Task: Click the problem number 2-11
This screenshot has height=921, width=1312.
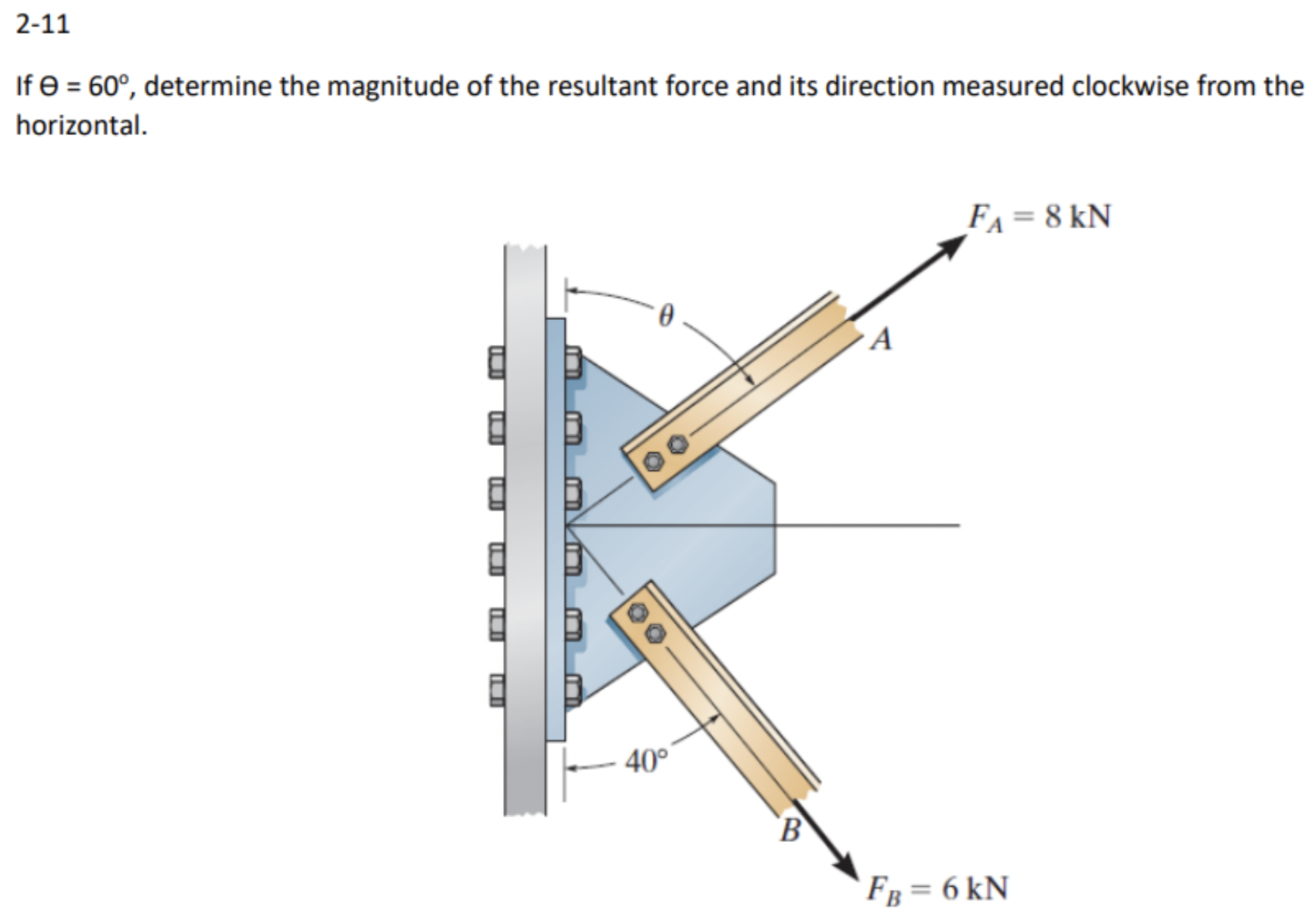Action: tap(42, 24)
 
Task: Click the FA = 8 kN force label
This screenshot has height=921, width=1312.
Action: tap(1039, 218)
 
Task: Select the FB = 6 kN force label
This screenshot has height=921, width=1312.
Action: tap(938, 888)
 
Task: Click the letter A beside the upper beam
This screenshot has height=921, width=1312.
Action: tap(880, 339)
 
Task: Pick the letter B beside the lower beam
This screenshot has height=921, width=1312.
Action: tap(789, 830)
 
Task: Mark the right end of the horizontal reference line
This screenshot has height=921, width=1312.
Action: tap(959, 524)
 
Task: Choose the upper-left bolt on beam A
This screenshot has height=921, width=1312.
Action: tap(653, 460)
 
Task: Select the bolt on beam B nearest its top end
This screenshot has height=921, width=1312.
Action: tap(639, 611)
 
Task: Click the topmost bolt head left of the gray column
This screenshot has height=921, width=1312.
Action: tap(495, 362)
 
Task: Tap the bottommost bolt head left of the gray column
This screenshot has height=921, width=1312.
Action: tap(495, 689)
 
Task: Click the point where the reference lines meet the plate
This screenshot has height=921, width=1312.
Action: tap(567, 524)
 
